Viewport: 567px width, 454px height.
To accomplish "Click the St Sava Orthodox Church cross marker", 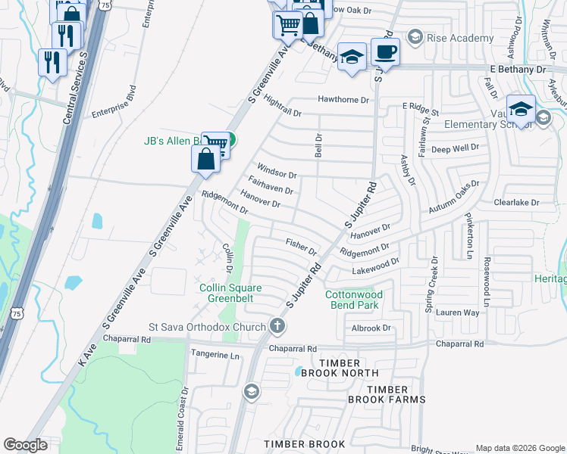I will pos(277,326).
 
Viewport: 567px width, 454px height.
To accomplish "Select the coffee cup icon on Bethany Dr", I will pos(385,52).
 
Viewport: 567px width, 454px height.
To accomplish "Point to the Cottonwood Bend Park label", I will pos(354,300).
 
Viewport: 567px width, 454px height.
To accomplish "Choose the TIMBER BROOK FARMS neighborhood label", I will pos(387,399).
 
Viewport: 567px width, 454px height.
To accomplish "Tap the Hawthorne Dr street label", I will pos(343,100).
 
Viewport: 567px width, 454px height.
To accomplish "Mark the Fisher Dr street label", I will pos(301,245).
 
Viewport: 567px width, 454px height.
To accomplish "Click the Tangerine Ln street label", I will pos(215,356).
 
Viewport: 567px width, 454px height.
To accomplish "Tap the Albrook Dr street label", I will pos(371,328).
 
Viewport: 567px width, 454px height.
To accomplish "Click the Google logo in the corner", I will pos(25,445).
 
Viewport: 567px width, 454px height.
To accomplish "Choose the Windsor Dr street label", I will pos(276,170).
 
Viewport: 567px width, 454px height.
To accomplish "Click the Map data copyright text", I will pos(519,448).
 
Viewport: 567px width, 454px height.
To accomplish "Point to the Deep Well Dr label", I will pos(456,148).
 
